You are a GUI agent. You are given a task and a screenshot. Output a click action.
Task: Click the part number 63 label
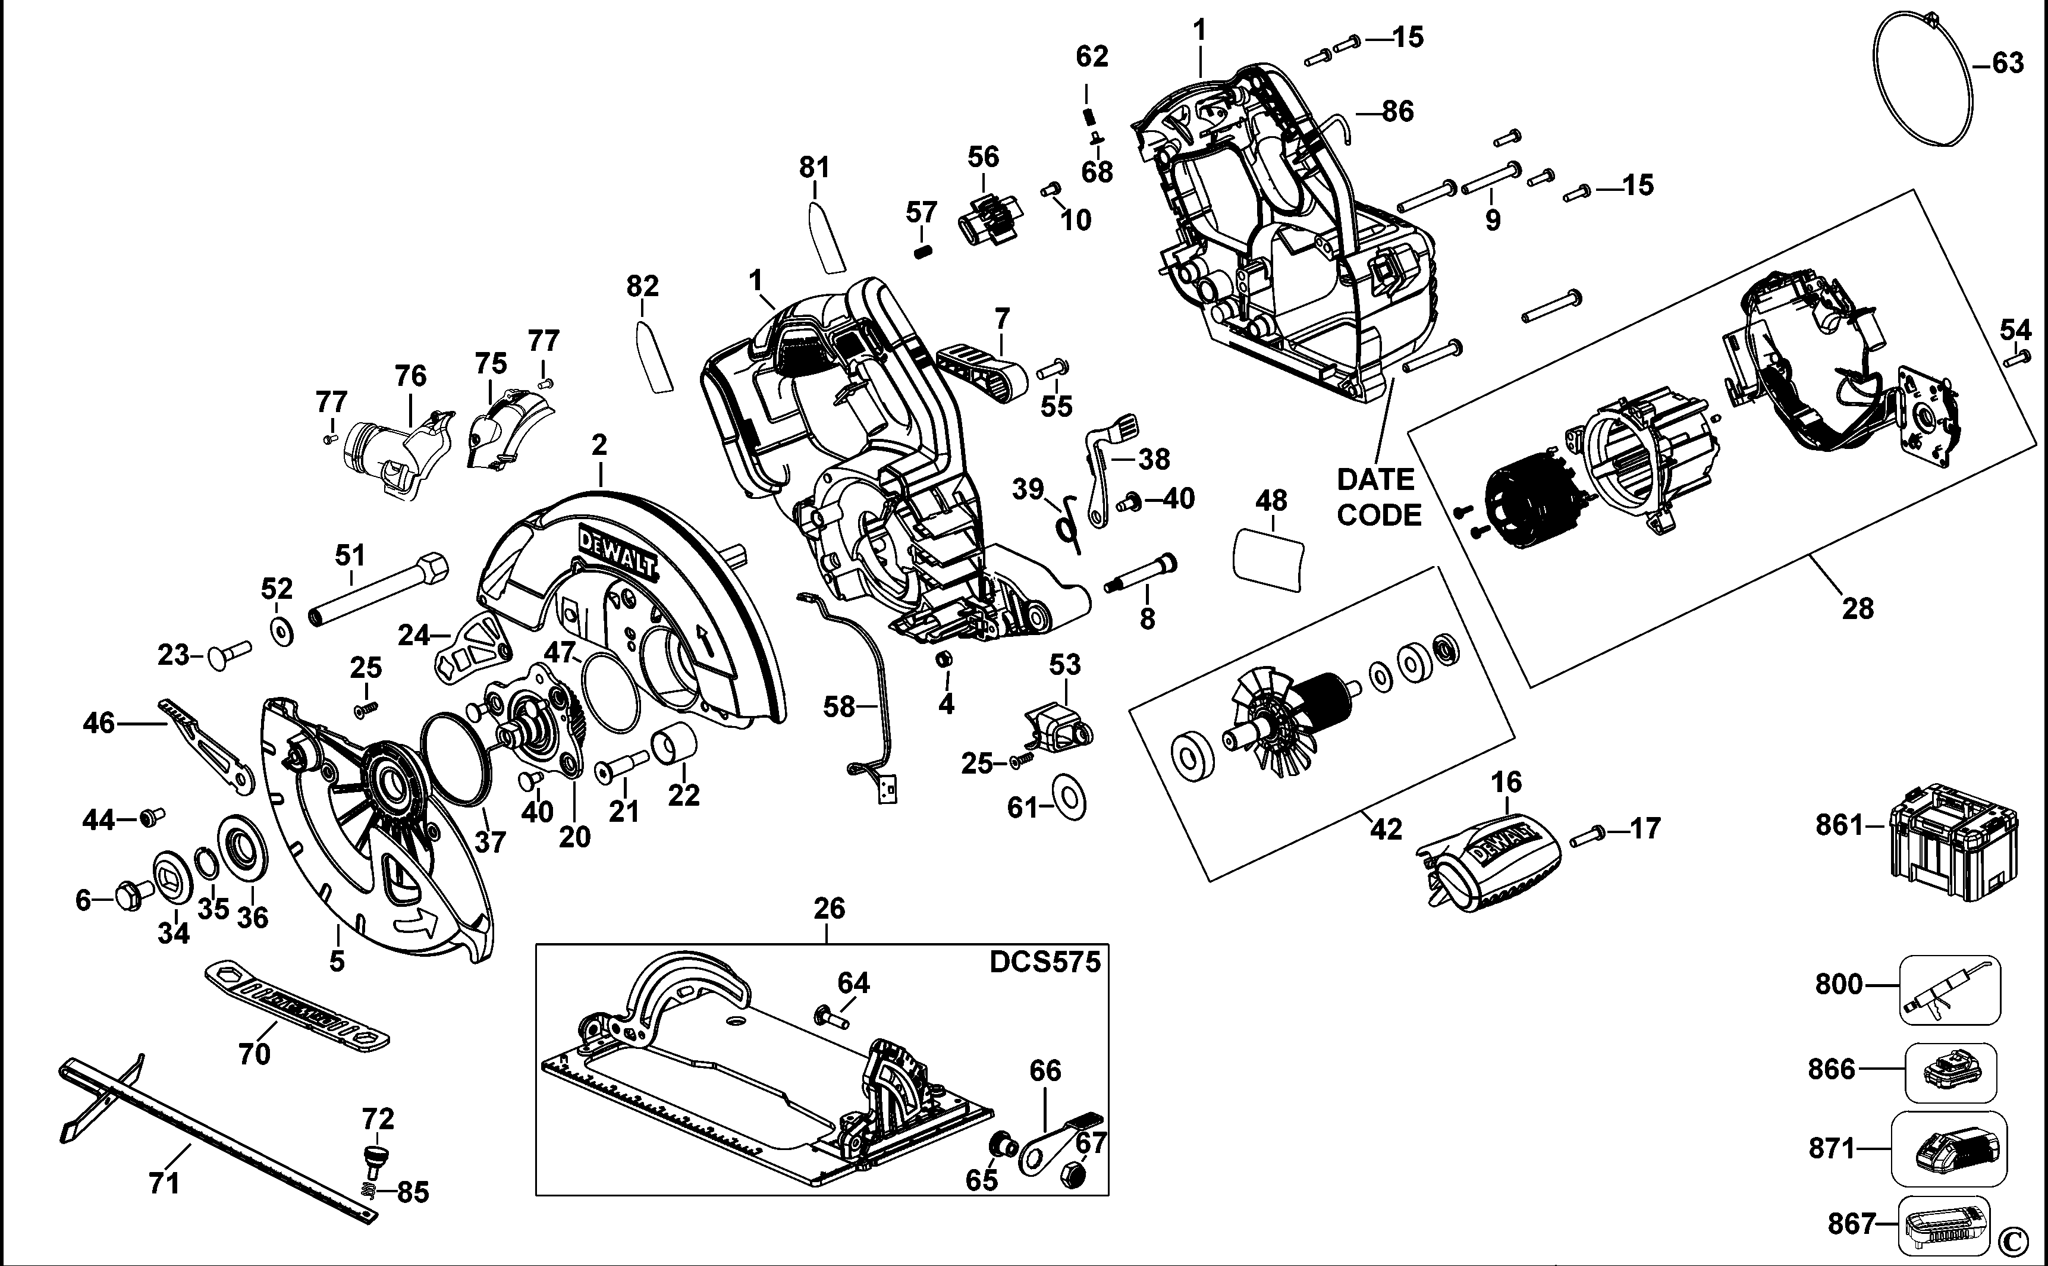2007,63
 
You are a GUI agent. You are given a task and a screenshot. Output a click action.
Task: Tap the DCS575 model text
1044,962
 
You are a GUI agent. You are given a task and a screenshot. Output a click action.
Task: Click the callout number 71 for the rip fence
164,1183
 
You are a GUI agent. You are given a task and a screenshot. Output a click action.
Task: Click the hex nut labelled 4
943,658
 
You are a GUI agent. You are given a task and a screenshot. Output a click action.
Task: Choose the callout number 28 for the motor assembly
1857,609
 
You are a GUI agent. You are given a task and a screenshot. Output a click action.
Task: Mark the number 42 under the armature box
1386,828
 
